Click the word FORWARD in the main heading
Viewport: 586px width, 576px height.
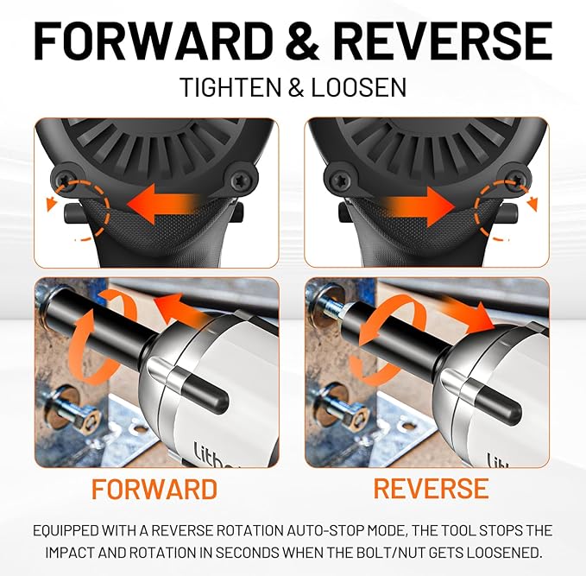(x=153, y=41)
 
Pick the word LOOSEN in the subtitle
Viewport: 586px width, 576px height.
(x=358, y=87)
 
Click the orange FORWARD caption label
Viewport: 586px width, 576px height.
(x=154, y=489)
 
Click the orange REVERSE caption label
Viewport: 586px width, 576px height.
(x=431, y=488)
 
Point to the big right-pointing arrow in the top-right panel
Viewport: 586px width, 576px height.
(x=419, y=206)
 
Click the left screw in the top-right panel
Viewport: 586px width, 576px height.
(x=340, y=179)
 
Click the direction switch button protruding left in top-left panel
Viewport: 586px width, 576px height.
(x=73, y=213)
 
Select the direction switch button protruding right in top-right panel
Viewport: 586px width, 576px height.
(x=509, y=213)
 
